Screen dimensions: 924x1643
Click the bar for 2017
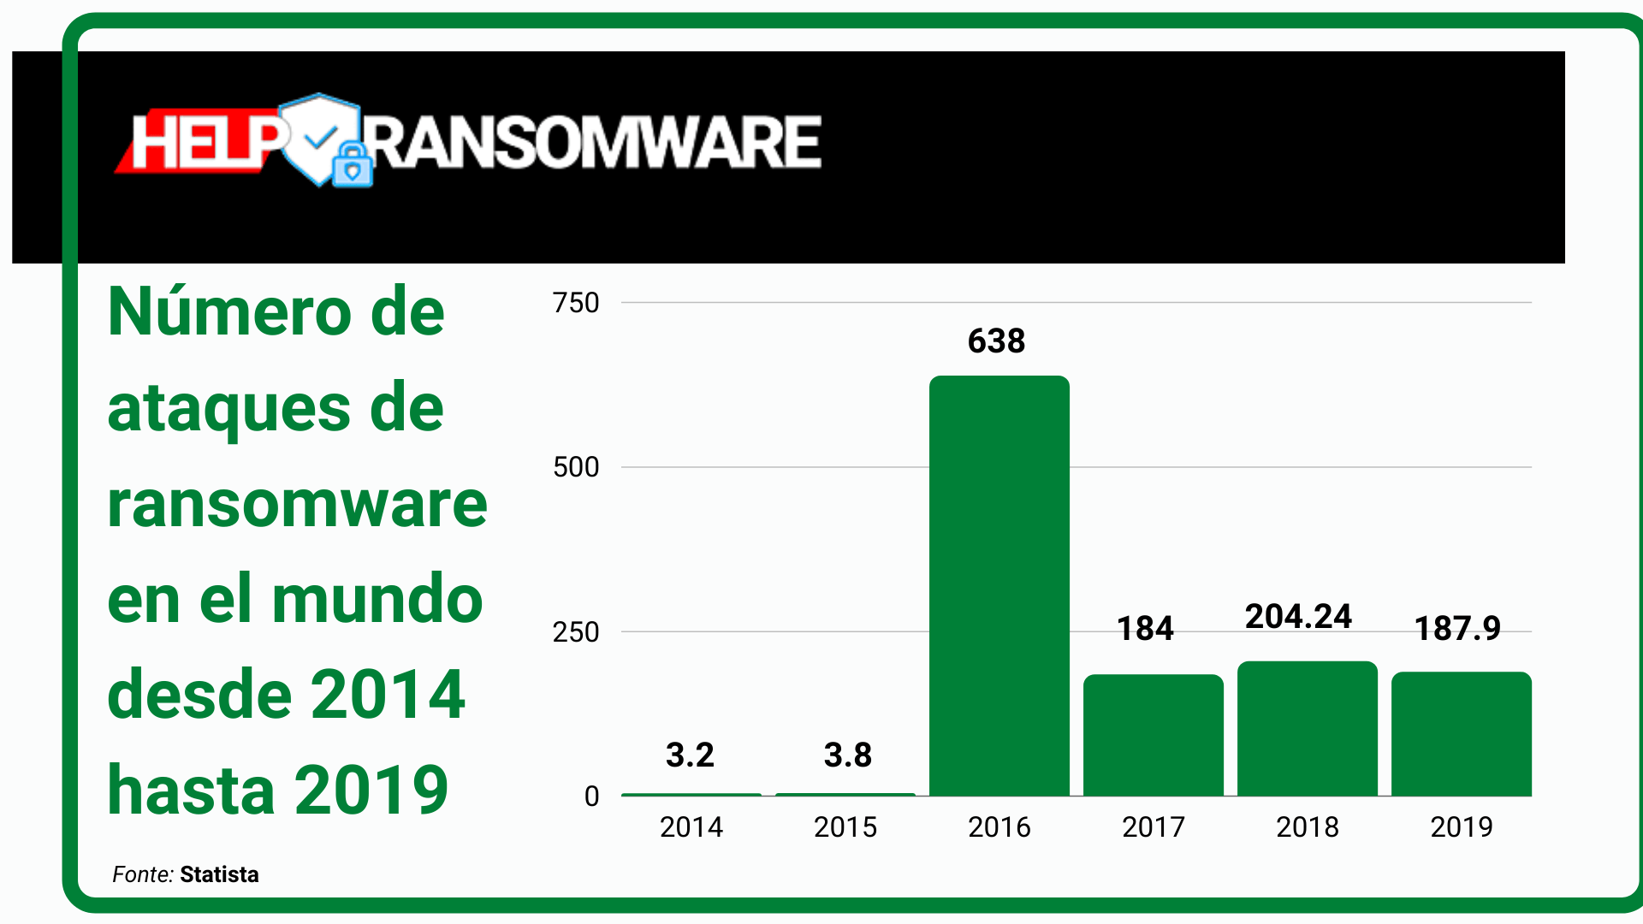[x=1153, y=735]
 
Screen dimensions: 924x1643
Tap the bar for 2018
[x=1307, y=728]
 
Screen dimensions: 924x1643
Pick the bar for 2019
[x=1461, y=733]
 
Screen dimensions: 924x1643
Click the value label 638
[x=996, y=341]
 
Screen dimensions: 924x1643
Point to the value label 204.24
[x=1298, y=617]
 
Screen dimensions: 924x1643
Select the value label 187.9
[x=1457, y=629]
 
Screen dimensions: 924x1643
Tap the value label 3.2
[x=690, y=755]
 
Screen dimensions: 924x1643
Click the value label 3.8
[x=847, y=755]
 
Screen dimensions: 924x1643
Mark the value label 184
[x=1145, y=629]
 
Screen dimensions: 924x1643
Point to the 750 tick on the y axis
[x=576, y=303]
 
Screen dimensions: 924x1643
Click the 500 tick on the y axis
[x=576, y=467]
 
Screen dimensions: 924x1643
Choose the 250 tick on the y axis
[x=576, y=632]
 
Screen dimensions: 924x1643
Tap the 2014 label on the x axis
[x=691, y=827]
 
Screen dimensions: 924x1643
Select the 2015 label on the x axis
[x=845, y=827]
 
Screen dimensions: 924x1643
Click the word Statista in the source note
[x=219, y=874]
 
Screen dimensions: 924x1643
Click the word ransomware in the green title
[x=297, y=505]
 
